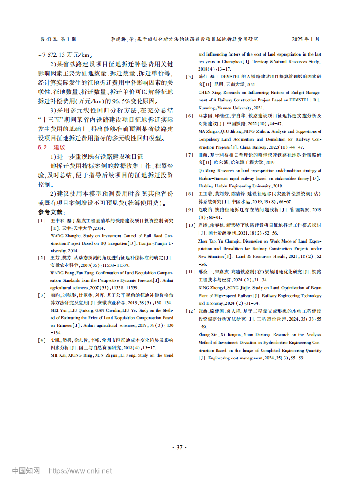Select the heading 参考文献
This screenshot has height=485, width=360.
52,212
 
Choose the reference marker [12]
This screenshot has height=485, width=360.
190,311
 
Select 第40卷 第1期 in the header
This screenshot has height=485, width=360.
58,39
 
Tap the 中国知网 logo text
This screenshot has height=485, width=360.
26,470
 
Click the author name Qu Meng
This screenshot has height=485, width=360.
206,170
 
